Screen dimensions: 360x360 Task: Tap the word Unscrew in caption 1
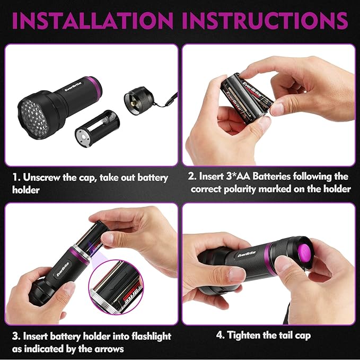click(40, 176)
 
